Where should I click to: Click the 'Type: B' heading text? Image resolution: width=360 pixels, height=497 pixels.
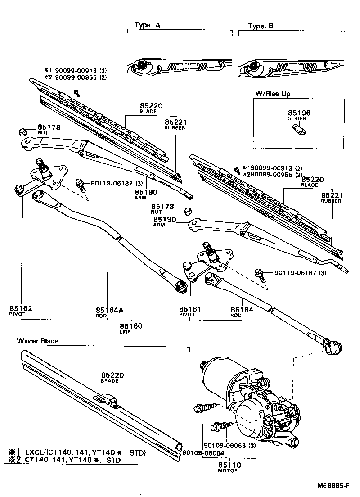click(x=261, y=26)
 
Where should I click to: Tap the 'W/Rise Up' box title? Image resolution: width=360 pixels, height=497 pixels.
click(x=273, y=93)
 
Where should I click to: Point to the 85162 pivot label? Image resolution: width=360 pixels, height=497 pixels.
click(x=21, y=309)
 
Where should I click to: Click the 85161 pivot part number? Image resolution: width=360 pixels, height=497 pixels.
click(x=190, y=310)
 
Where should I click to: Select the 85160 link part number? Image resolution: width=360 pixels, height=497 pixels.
click(x=130, y=326)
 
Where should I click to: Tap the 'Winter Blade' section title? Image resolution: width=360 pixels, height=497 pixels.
click(x=38, y=341)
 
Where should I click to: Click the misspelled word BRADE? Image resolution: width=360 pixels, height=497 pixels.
click(x=109, y=381)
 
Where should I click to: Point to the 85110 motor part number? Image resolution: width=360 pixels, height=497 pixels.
click(x=229, y=465)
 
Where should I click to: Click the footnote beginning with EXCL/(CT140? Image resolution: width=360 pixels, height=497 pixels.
click(x=85, y=452)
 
